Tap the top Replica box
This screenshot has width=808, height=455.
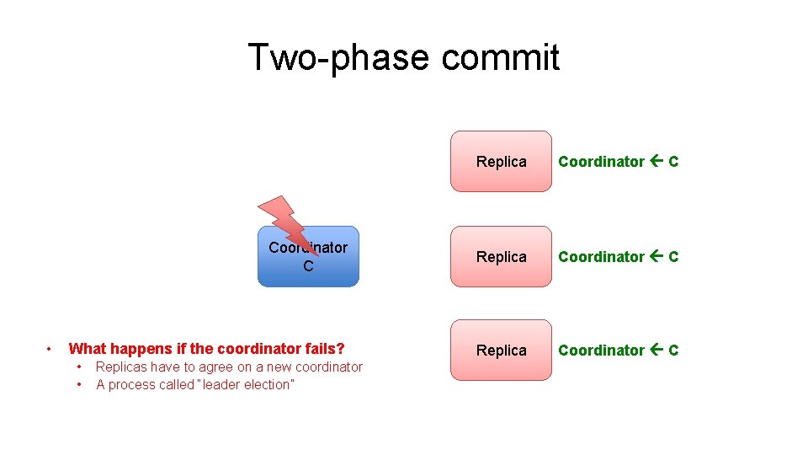[x=501, y=162]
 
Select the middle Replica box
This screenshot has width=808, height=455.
[x=501, y=257]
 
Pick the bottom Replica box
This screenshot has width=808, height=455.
[x=501, y=351]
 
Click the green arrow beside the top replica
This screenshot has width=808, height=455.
[x=656, y=162]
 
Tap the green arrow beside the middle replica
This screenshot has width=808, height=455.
[x=656, y=257]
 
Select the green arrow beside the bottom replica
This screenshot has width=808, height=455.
[x=656, y=351]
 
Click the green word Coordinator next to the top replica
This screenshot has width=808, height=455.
[x=601, y=162]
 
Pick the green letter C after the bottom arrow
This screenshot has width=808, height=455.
[x=673, y=351]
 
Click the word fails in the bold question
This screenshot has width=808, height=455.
[x=325, y=349]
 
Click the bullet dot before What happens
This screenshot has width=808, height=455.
[x=50, y=349]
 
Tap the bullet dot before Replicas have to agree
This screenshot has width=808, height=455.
[x=79, y=367]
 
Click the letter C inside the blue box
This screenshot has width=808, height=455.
[x=308, y=266]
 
